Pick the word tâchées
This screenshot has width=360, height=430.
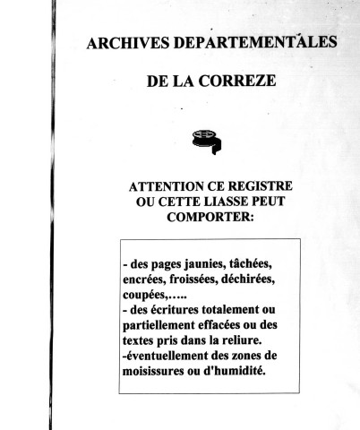pyautogui.click(x=255, y=265)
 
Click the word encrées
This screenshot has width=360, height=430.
pyautogui.click(x=145, y=280)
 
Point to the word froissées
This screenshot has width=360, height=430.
pyautogui.click(x=201, y=280)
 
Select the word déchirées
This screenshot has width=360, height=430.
pyautogui.click(x=265, y=280)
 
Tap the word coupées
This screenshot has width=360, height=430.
pyautogui.click(x=146, y=296)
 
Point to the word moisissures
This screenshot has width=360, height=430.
pyautogui.click(x=160, y=372)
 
